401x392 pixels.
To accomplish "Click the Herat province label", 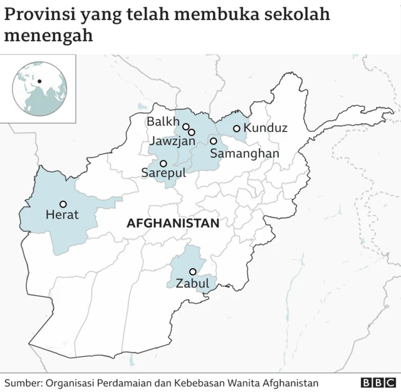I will (62, 215).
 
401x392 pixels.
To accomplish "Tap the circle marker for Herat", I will (63, 204).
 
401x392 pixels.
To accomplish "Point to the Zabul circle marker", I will (192, 271).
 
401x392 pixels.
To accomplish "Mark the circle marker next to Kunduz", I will (236, 128).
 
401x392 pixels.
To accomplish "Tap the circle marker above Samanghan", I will (213, 141).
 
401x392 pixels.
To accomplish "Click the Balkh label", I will (162, 121).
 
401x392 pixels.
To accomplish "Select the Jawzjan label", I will (172, 141).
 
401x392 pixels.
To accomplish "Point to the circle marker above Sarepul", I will (163, 163).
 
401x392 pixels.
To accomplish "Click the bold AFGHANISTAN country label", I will (173, 223).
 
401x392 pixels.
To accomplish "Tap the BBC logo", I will (378, 382).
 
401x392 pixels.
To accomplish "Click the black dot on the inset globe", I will (39, 81).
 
